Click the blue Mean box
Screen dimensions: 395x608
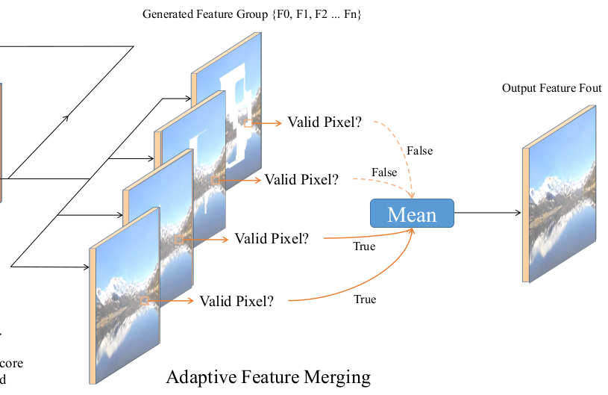click(x=412, y=214)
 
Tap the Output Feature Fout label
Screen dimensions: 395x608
click(x=551, y=88)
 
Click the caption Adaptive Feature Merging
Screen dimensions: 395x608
click(x=268, y=376)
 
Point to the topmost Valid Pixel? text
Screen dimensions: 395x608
click(x=325, y=122)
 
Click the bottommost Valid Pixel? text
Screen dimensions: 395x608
click(x=236, y=301)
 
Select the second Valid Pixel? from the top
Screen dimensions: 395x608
click(x=301, y=179)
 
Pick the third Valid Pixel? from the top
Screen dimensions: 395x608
click(x=272, y=239)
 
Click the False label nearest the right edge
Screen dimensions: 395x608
click(x=419, y=151)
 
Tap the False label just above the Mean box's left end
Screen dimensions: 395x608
click(x=384, y=172)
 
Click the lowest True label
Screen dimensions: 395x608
click(x=365, y=299)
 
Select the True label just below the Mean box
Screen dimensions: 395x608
click(x=364, y=246)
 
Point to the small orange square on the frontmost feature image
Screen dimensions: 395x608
click(x=142, y=301)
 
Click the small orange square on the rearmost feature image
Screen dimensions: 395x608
click(x=248, y=122)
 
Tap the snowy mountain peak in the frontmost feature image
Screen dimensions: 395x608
click(x=116, y=284)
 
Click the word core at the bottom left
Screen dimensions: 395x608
click(x=10, y=364)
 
